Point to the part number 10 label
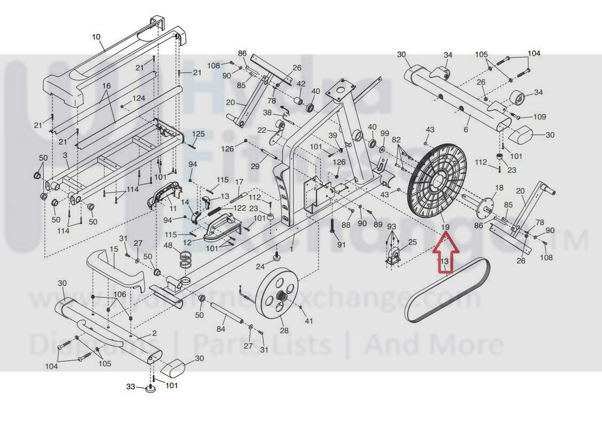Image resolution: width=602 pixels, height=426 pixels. pos(96,37)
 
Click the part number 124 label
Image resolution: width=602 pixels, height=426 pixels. pos(138,98)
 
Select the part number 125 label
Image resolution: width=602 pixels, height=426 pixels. pos(198,134)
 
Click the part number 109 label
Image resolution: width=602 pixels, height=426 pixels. pos(540,117)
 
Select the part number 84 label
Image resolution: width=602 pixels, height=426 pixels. pos(221,330)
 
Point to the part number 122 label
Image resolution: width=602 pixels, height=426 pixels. pos(239,208)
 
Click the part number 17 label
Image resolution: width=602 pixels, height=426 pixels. pos(239,182)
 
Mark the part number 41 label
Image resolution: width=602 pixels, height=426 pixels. pos(308,321)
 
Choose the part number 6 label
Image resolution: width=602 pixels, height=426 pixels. pos(466,130)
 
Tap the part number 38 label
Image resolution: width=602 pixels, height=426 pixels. pos(268,113)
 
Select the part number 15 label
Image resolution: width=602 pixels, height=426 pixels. pos(114,249)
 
